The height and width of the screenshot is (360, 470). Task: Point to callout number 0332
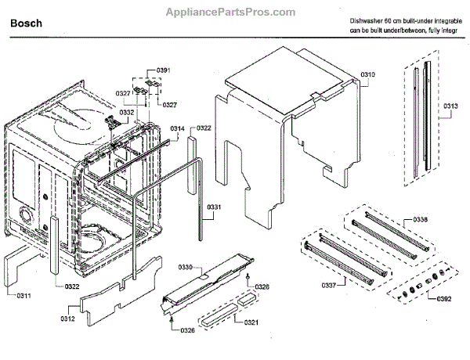[x=125, y=112]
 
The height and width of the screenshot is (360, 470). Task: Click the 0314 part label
[x=178, y=128]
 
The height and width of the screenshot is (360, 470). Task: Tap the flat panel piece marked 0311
[x=22, y=266]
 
